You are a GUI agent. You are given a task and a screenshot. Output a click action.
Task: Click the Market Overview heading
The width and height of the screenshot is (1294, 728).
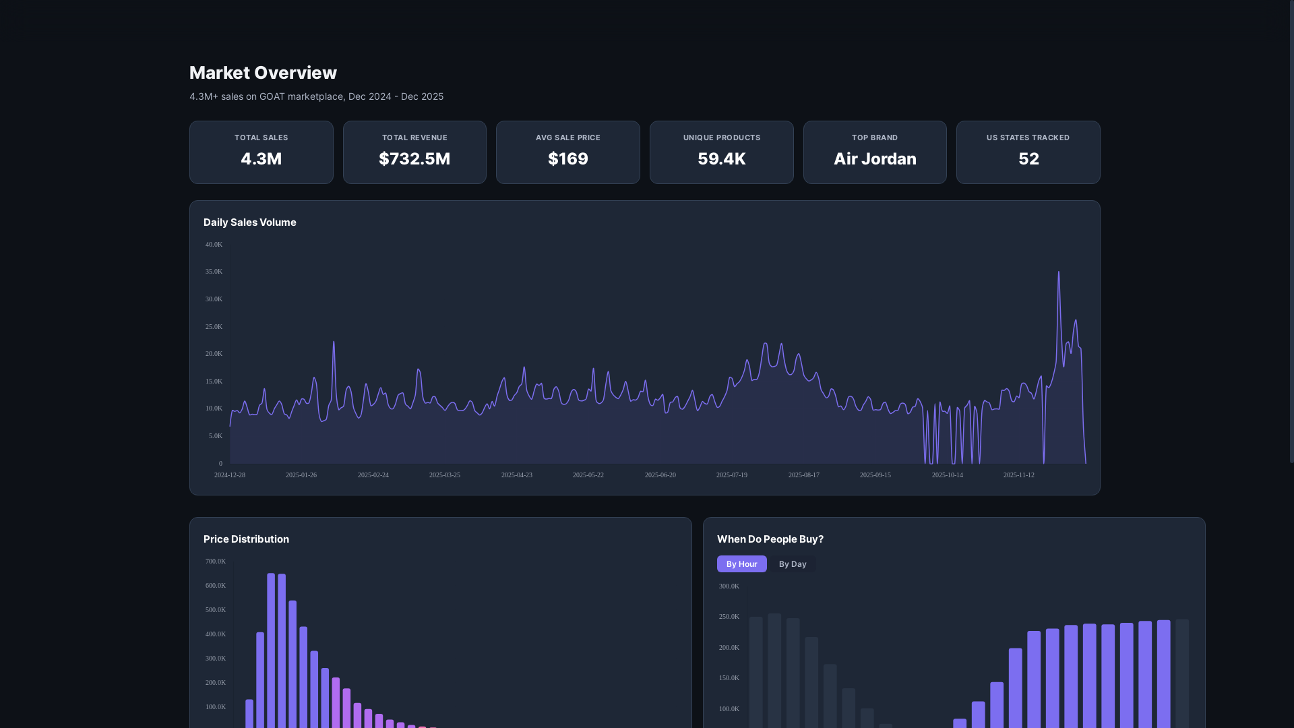pyautogui.click(x=263, y=73)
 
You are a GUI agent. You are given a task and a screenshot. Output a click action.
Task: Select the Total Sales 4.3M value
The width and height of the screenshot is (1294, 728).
pyautogui.click(x=261, y=159)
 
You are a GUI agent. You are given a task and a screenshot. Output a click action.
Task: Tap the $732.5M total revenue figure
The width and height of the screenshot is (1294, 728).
pyautogui.click(x=414, y=159)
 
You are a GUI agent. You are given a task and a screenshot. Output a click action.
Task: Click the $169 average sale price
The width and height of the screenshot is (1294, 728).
pyautogui.click(x=567, y=159)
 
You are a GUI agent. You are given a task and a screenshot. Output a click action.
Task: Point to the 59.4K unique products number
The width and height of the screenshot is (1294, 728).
pyautogui.click(x=721, y=159)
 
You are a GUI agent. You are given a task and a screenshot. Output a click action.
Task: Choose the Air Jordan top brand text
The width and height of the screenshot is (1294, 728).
pyautogui.click(x=874, y=159)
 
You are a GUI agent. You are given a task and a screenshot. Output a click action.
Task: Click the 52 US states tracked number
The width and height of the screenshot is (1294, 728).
pyautogui.click(x=1028, y=159)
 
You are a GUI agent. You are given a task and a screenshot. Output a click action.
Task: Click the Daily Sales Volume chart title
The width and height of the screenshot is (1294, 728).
pyautogui.click(x=249, y=222)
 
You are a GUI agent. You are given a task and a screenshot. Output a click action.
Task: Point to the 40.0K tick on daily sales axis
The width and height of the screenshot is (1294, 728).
pyautogui.click(x=214, y=245)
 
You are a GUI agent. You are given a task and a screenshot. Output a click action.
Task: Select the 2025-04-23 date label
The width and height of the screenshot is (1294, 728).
pyautogui.click(x=516, y=475)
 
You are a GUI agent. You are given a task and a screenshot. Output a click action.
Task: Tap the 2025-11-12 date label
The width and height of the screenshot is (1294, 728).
pyautogui.click(x=1018, y=475)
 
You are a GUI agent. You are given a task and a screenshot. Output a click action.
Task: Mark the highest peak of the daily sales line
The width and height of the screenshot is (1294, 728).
pyautogui.click(x=1058, y=272)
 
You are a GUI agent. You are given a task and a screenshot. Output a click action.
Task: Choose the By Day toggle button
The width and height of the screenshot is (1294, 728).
pyautogui.click(x=792, y=564)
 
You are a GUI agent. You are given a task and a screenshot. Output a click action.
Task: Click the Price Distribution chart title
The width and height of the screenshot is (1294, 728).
pyautogui.click(x=246, y=539)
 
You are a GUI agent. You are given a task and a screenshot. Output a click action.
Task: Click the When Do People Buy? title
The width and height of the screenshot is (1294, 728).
pyautogui.click(x=770, y=539)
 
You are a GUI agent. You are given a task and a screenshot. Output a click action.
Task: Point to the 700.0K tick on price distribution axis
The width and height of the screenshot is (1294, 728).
pyautogui.click(x=215, y=562)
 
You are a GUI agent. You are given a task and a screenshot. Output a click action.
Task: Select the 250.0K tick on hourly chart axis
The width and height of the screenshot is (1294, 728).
pyautogui.click(x=729, y=617)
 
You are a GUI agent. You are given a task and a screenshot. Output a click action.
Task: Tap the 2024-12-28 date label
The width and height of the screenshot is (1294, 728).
pyautogui.click(x=229, y=475)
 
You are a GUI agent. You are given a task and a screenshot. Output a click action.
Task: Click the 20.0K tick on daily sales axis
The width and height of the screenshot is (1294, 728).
pyautogui.click(x=214, y=354)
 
